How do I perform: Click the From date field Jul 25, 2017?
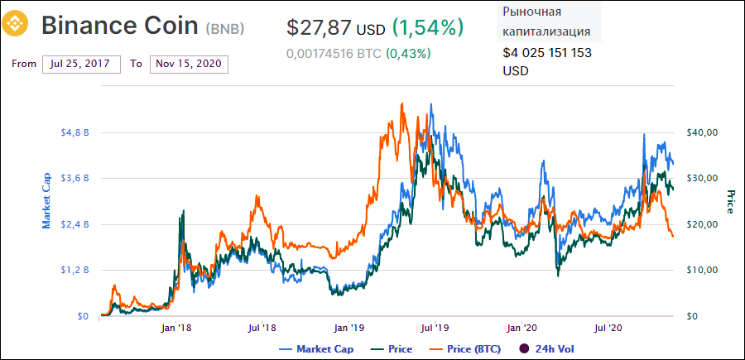81,64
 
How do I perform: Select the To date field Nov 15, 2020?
189,64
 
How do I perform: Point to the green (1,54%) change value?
428,27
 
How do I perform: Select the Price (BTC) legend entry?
469,349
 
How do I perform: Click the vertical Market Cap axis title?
47,201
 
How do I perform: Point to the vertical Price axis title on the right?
731,201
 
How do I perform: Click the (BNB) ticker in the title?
225,27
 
